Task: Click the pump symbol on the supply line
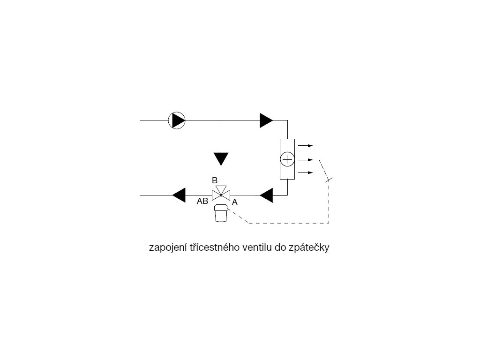pyautogui.click(x=177, y=120)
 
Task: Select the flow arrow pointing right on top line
pyautogui.click(x=266, y=120)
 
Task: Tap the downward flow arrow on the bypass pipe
pyautogui.click(x=221, y=158)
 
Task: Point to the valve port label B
pyautogui.click(x=214, y=180)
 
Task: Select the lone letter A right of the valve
pyautogui.click(x=235, y=202)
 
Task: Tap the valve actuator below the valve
pyautogui.click(x=221, y=213)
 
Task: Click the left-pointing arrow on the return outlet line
pyautogui.click(x=179, y=194)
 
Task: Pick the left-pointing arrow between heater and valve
pyautogui.click(x=266, y=195)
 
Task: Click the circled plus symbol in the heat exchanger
pyautogui.click(x=287, y=159)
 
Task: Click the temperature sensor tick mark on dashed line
pyautogui.click(x=328, y=180)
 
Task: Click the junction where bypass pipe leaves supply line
pyautogui.click(x=221, y=120)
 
